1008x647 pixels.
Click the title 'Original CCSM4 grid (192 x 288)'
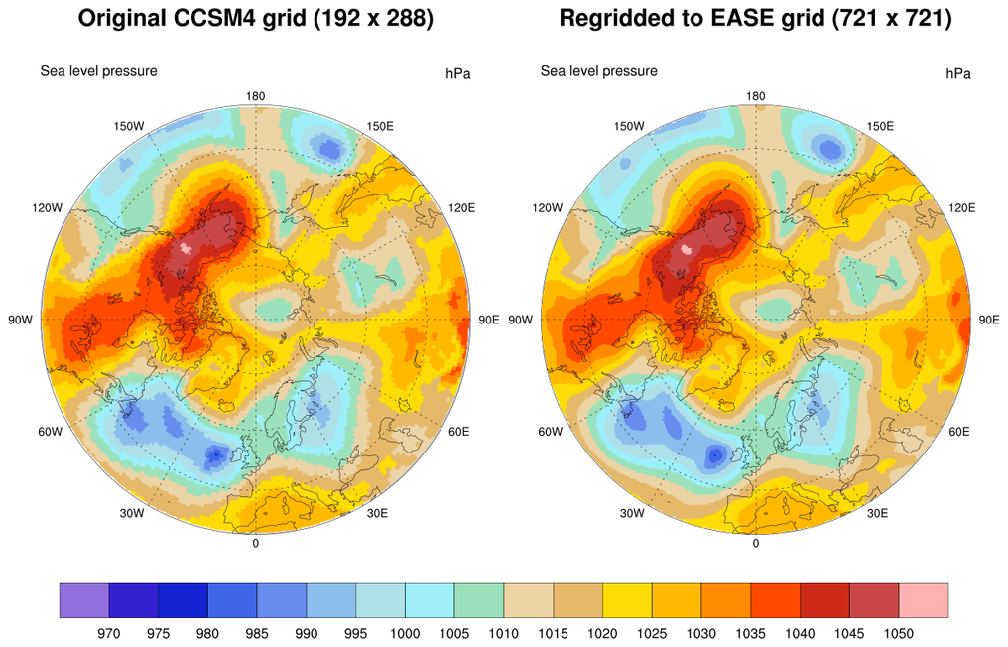click(255, 19)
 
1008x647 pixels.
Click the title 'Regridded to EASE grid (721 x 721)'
click(756, 19)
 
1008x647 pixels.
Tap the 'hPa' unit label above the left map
click(458, 73)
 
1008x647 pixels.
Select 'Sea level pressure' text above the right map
click(598, 71)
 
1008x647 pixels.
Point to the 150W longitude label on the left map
click(130, 126)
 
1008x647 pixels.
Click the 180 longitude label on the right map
click(756, 96)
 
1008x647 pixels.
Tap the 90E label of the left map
click(489, 320)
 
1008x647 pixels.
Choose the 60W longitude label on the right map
click(551, 432)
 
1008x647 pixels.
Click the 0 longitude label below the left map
click(256, 543)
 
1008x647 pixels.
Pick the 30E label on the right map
click(877, 512)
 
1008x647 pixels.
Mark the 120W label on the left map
click(48, 208)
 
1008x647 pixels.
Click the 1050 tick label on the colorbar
click(900, 632)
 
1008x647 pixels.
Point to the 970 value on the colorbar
click(109, 632)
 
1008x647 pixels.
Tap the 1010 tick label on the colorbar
click(504, 632)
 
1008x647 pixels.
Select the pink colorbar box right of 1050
click(924, 601)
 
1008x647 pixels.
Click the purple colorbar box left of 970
click(84, 601)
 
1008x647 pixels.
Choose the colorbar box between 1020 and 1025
click(628, 601)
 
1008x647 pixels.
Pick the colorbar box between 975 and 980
click(183, 601)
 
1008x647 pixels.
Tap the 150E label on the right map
click(880, 126)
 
